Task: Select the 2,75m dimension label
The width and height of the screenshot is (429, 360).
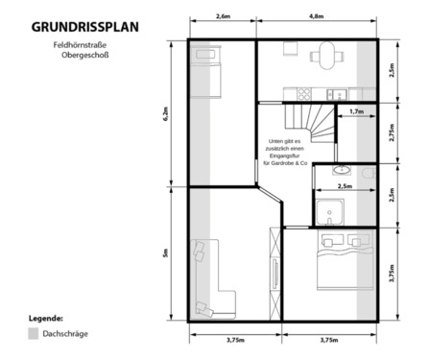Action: (x=392, y=133)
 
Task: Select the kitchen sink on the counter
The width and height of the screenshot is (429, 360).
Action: (x=337, y=93)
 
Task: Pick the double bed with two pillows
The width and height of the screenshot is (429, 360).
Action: (x=337, y=261)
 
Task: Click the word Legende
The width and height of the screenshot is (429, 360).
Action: (x=45, y=316)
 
